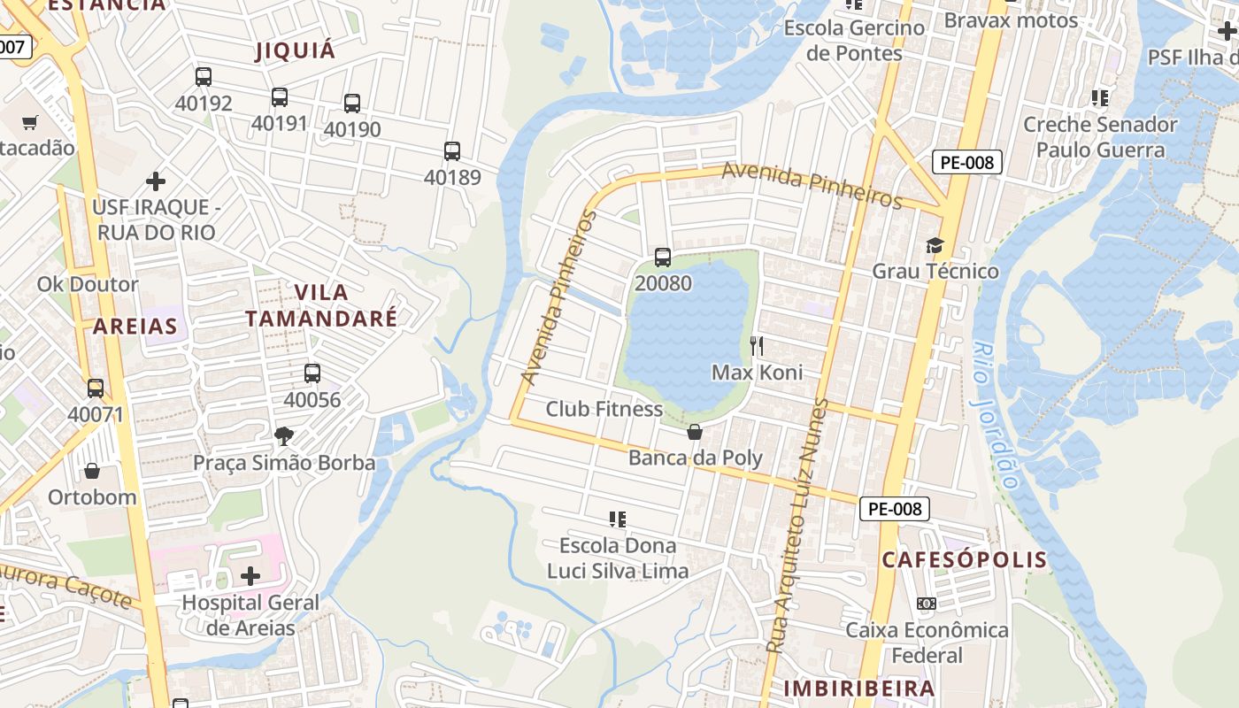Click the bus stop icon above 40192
point(204,77)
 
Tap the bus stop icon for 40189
point(452,151)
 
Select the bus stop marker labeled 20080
point(663,258)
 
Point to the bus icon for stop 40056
point(312,373)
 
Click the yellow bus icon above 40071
point(95,388)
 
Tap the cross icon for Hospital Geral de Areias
point(250,576)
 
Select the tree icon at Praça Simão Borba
point(284,435)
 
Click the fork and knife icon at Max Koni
point(757,345)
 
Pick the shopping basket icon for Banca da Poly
point(695,432)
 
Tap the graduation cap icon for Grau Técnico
point(935,245)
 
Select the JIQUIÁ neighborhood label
point(296,50)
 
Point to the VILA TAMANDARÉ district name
point(321,305)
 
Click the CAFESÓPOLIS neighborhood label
point(964,559)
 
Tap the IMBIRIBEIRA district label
point(859,688)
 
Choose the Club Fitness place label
point(604,409)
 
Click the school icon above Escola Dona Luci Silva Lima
point(618,519)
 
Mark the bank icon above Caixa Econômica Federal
point(927,604)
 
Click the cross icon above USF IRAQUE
point(156,181)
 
